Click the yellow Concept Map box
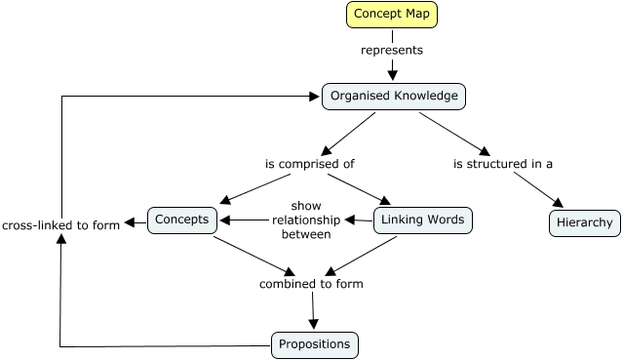tap(392, 15)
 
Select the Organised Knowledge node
tap(394, 96)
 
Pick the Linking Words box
tap(422, 220)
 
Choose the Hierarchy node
tap(584, 222)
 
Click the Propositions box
tap(314, 344)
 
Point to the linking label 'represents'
tap(392, 50)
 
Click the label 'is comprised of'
tap(309, 164)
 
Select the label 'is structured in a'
tap(503, 164)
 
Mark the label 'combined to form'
tap(311, 284)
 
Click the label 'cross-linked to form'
tap(60, 224)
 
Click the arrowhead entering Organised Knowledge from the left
tap(315, 97)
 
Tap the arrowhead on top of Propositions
tap(314, 326)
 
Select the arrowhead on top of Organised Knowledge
tap(393, 75)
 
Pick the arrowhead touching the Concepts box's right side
tap(224, 220)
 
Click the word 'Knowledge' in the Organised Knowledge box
tap(425, 96)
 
